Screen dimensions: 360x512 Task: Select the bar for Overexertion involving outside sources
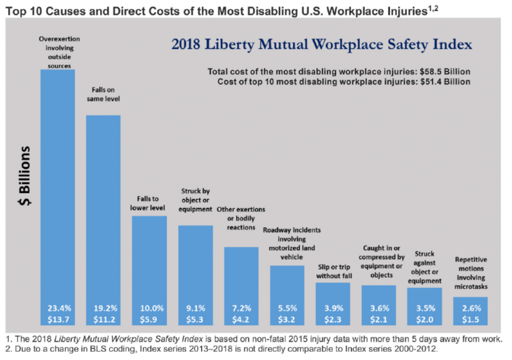pyautogui.click(x=57, y=184)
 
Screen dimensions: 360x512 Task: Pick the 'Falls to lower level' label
pyautogui.click(x=149, y=202)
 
